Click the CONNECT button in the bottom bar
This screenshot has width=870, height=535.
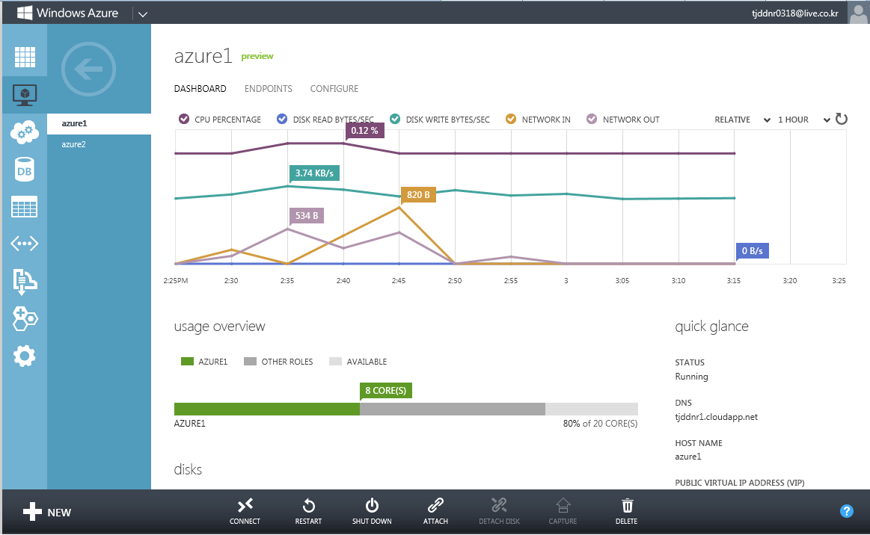245,512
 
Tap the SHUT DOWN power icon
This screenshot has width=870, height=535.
372,506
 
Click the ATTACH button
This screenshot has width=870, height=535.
435,512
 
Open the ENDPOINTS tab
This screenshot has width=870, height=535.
268,89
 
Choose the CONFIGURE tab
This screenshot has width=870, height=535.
334,89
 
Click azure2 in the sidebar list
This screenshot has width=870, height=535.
74,144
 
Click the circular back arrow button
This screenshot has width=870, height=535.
89,69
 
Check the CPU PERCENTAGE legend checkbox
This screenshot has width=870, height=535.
184,120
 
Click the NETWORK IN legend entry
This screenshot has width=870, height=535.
538,120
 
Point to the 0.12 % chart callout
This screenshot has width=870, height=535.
364,131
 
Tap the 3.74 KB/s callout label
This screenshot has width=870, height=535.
314,173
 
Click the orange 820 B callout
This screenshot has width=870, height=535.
418,194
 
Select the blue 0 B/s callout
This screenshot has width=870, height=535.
753,251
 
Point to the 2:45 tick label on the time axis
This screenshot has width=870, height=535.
399,280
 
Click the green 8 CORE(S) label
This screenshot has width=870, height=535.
385,391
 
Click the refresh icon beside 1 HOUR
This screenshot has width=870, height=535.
841,120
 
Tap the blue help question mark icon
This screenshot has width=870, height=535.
846,511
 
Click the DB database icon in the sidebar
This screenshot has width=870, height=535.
25,170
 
